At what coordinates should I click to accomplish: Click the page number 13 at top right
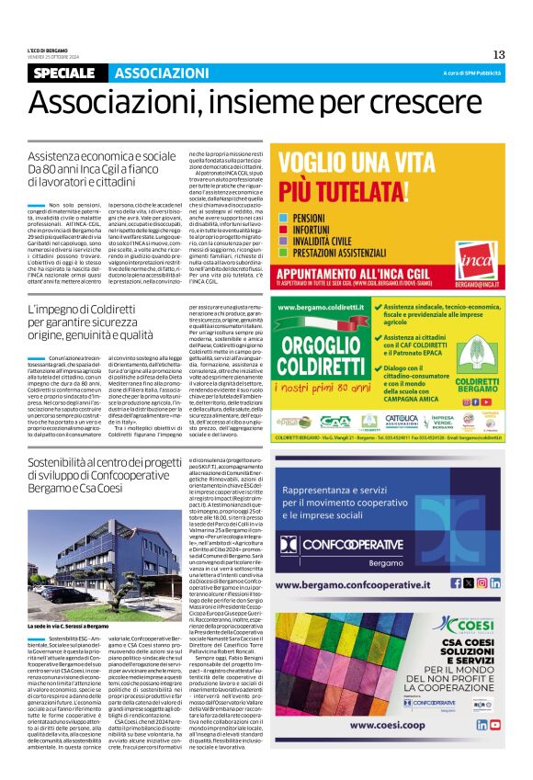(499, 54)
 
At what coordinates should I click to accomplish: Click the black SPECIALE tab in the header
(69, 73)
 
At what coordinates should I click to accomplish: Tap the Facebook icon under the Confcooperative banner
(468, 582)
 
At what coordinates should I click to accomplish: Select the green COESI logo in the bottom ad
(459, 624)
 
